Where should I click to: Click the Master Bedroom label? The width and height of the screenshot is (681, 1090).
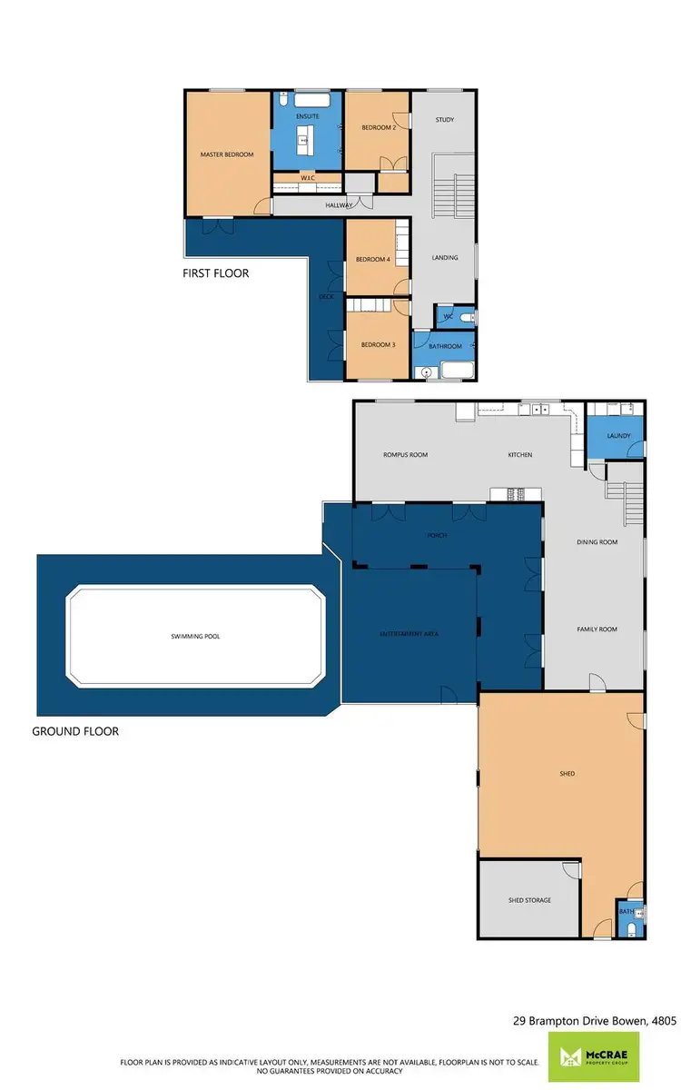click(x=227, y=154)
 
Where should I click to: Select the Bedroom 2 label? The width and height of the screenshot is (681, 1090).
click(x=379, y=128)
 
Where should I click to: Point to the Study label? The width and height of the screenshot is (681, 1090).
click(x=444, y=120)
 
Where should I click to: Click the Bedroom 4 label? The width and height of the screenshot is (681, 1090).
click(x=372, y=260)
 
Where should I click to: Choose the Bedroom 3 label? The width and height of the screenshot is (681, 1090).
click(x=378, y=345)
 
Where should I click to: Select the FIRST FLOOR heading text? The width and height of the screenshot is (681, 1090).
click(x=216, y=272)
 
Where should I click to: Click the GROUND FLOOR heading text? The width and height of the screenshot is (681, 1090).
click(x=75, y=730)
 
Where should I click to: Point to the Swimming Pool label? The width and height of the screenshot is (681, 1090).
click(x=195, y=637)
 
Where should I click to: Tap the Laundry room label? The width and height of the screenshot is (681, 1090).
click(x=617, y=436)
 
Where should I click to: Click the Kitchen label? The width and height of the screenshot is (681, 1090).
click(x=520, y=455)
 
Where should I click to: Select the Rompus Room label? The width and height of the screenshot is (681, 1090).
click(x=406, y=455)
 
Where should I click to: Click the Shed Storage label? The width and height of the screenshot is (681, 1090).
click(x=529, y=900)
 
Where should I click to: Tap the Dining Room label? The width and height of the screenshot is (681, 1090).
click(x=597, y=542)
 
